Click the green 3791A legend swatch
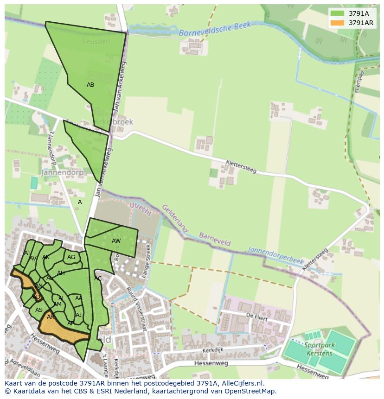click(x=337, y=13)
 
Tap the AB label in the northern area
click(x=90, y=85)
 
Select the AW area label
click(x=116, y=241)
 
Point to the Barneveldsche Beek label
click(x=215, y=30)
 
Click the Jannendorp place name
click(x=62, y=172)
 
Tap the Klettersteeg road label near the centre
click(x=241, y=166)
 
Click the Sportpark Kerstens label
click(x=320, y=349)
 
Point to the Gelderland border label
click(x=175, y=219)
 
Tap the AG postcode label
click(x=71, y=257)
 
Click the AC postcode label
click(x=98, y=279)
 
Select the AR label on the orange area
click(x=51, y=317)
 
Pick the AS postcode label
click(x=39, y=310)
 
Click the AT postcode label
click(x=27, y=253)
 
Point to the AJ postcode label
click(x=78, y=315)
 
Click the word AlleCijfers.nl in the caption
click(x=242, y=383)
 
